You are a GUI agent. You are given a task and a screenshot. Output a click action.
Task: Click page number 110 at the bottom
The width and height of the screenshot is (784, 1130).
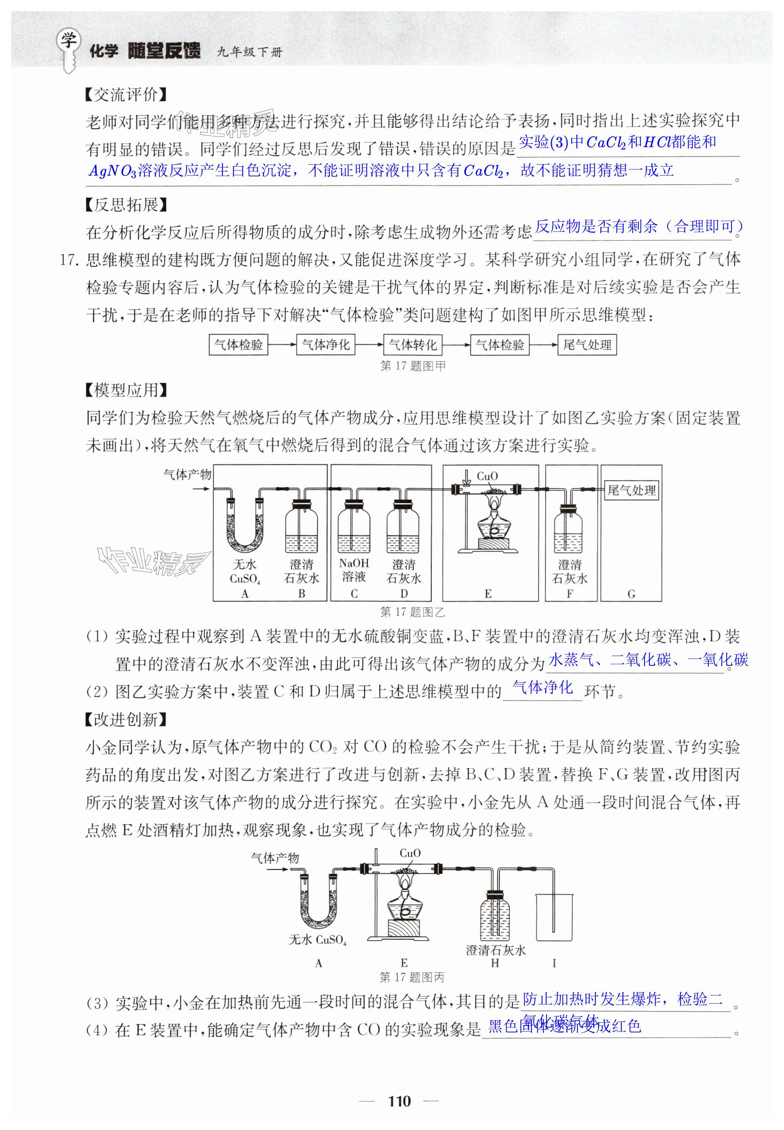tap(399, 1101)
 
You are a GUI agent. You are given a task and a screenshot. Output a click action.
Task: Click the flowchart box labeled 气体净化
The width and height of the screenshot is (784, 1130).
tap(326, 345)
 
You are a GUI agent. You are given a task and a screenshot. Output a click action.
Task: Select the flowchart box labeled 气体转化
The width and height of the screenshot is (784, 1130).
tap(413, 345)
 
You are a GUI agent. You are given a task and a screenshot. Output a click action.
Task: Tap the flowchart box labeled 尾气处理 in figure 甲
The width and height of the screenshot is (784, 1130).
tap(587, 345)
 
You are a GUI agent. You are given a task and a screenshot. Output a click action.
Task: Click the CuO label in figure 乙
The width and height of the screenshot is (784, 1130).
tap(487, 476)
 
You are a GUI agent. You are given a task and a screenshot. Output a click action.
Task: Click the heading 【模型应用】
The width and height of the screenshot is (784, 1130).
tap(126, 391)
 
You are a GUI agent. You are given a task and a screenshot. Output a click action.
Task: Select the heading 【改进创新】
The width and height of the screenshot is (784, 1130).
tap(126, 719)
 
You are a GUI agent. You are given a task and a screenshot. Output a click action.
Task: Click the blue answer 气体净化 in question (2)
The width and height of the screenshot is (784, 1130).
tap(543, 687)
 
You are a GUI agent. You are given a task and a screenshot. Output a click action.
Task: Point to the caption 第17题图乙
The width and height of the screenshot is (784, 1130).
tap(413, 612)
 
